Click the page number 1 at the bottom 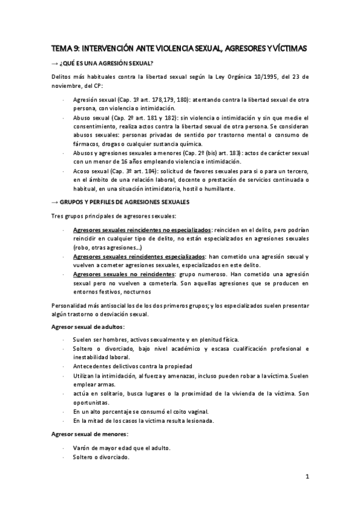(x=307, y=478)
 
